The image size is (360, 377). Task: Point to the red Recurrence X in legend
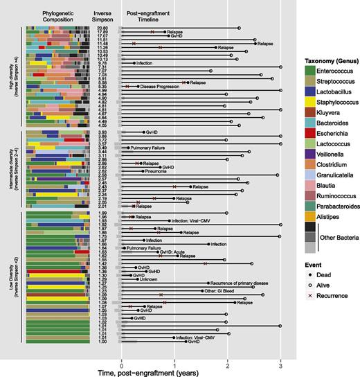296,344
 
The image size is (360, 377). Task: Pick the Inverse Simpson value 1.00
102,342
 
